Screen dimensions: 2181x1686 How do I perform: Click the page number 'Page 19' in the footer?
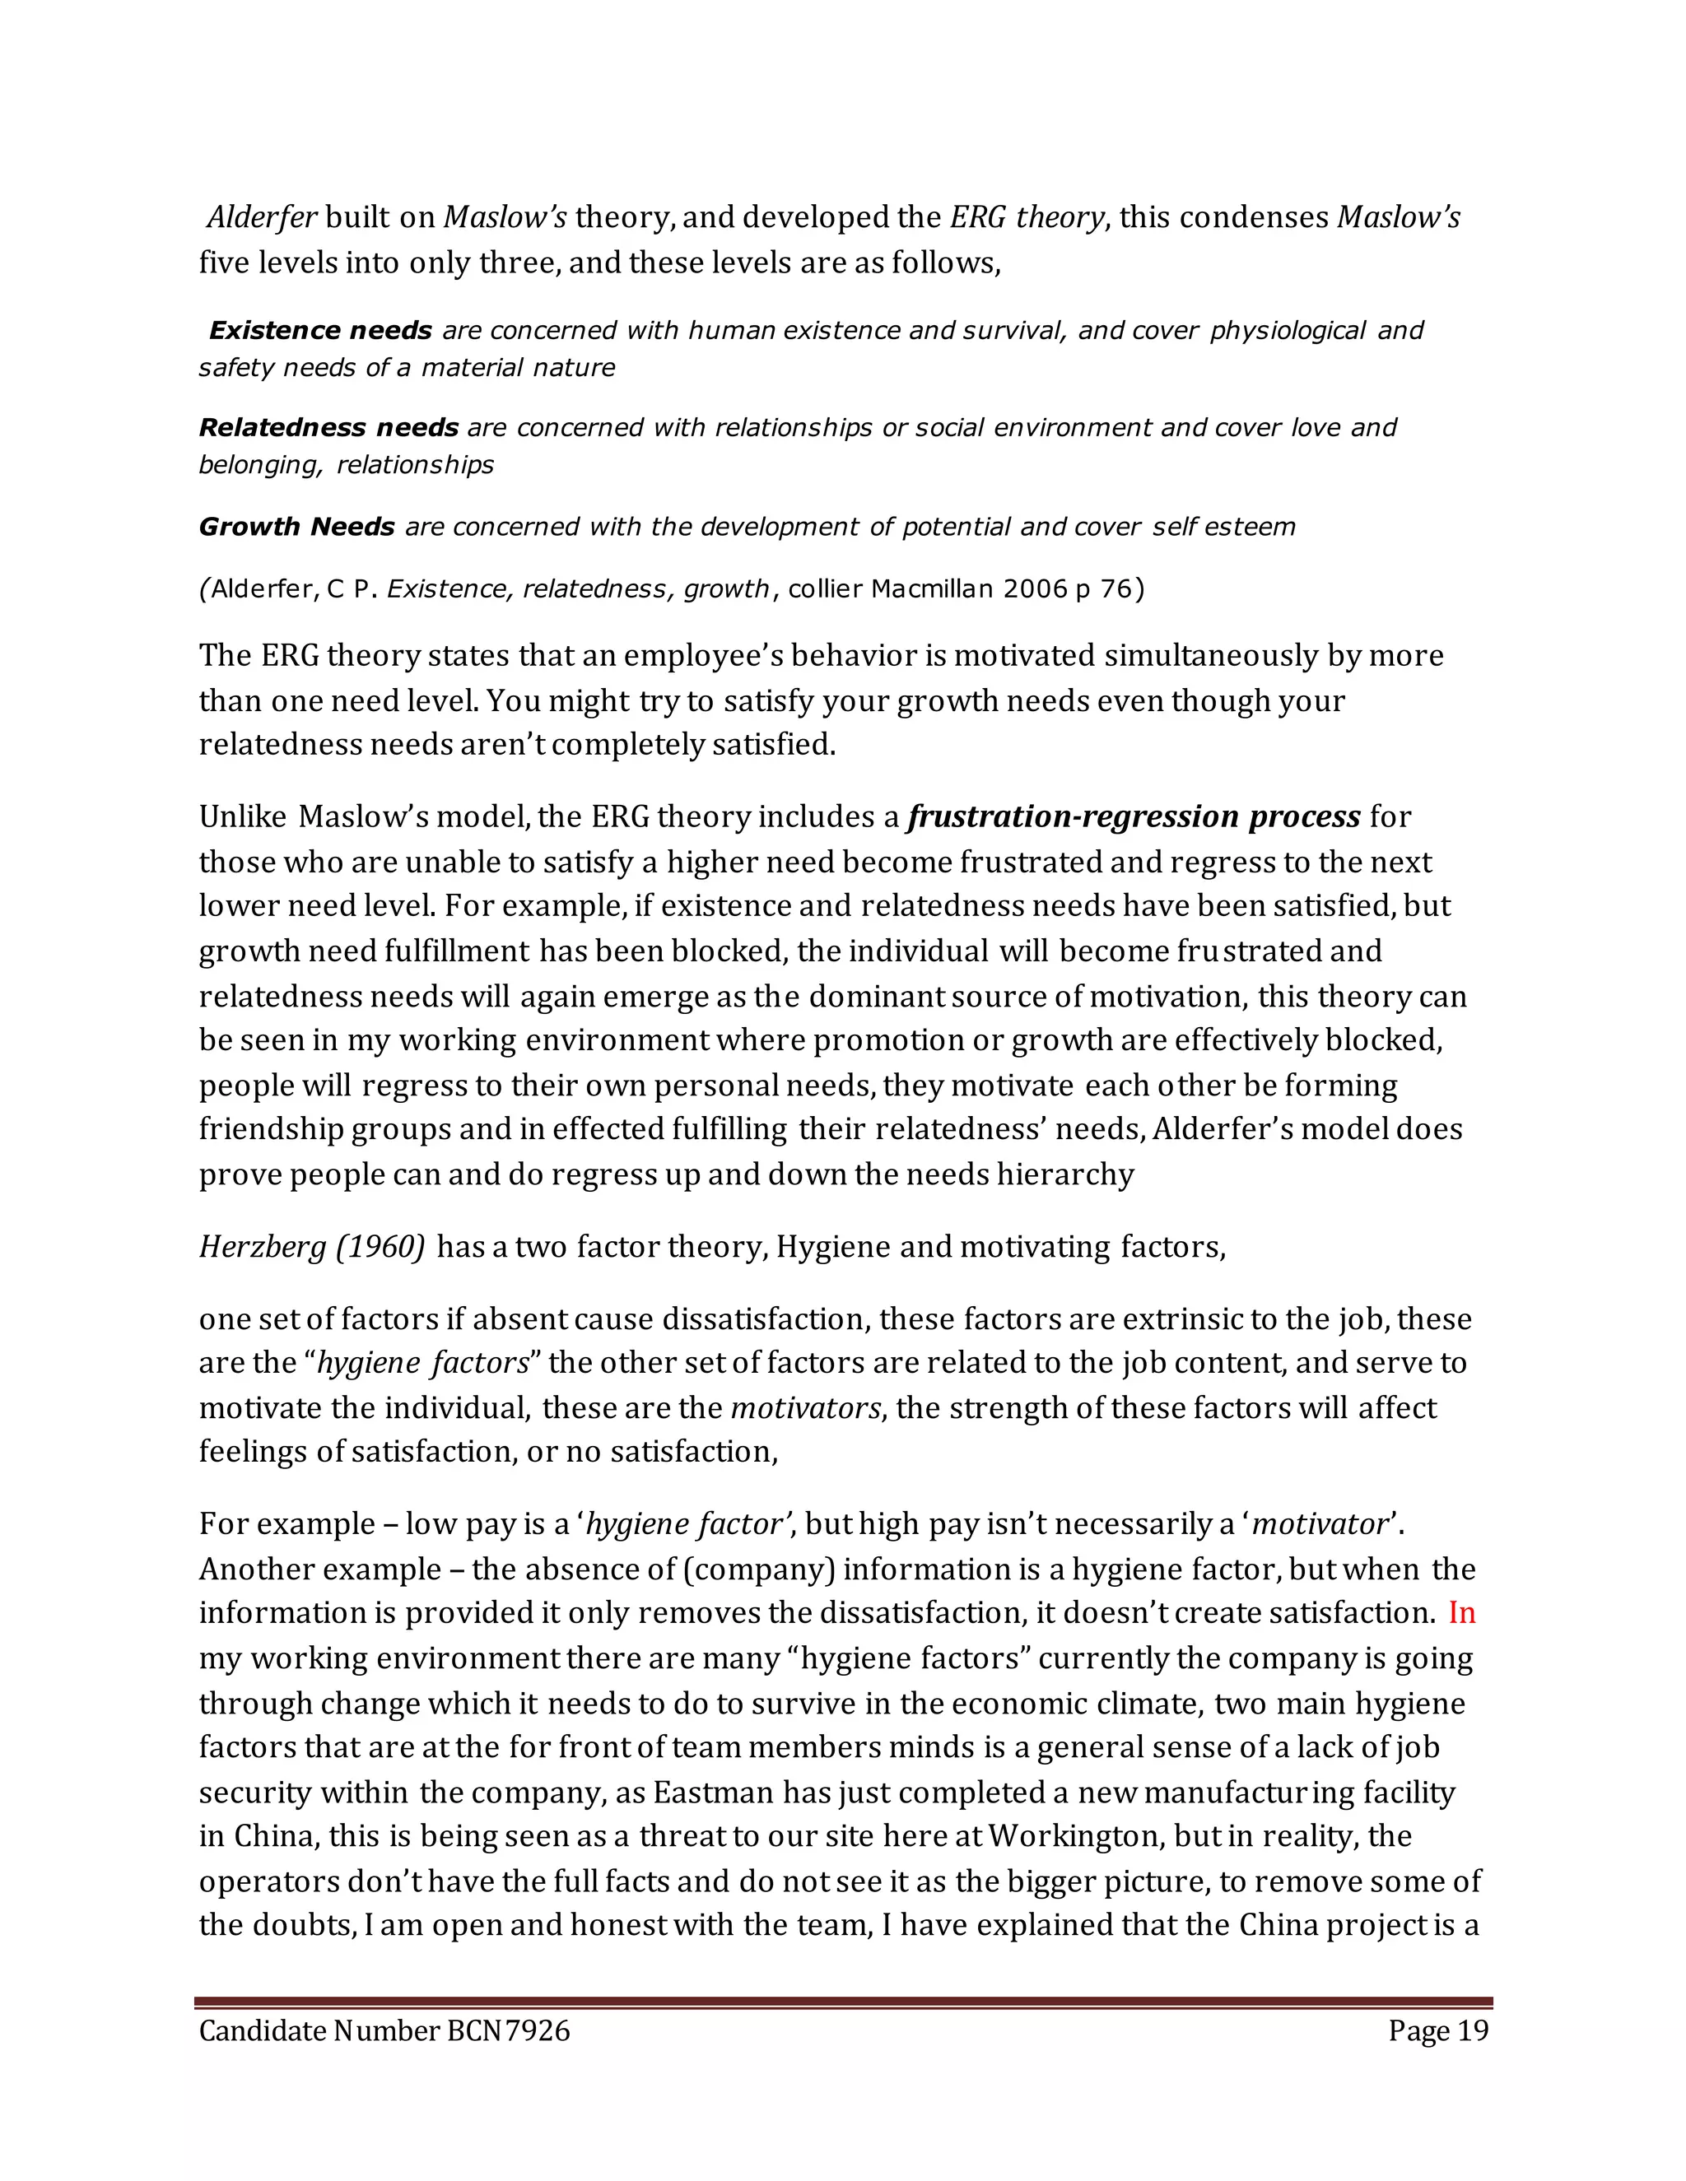1437,2031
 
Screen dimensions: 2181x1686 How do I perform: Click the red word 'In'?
1461,1613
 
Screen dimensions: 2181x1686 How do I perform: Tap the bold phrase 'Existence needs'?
319,331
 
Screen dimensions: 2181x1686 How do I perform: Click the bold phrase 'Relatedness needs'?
328,427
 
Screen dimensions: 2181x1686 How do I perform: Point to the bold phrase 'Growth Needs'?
296,526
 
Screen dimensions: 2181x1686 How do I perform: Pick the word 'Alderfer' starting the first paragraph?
262,216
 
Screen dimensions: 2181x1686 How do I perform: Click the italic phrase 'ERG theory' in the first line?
1027,216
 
